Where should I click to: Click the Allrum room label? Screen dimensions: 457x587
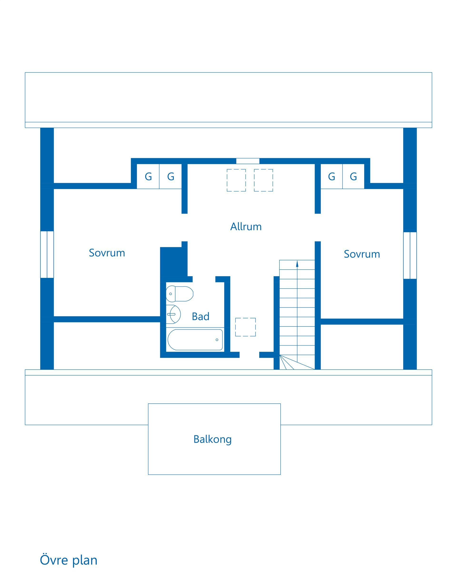coord(246,226)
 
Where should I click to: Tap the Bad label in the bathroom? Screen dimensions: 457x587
coord(200,316)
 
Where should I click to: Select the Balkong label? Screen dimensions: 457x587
coord(213,439)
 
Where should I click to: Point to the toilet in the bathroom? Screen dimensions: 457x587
coord(179,294)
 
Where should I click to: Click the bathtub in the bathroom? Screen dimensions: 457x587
coord(195,340)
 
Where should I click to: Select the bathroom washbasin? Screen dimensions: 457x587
coord(173,314)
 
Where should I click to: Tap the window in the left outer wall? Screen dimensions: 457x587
coord(47,255)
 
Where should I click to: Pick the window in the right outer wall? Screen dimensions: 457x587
coord(410,256)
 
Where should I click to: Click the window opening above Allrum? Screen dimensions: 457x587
coord(248,161)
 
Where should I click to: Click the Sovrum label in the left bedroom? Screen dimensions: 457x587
coord(107,253)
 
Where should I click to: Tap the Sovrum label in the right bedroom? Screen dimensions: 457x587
coord(362,254)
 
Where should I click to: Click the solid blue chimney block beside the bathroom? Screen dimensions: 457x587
coord(174,262)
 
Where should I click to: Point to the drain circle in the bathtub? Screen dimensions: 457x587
coord(217,340)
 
